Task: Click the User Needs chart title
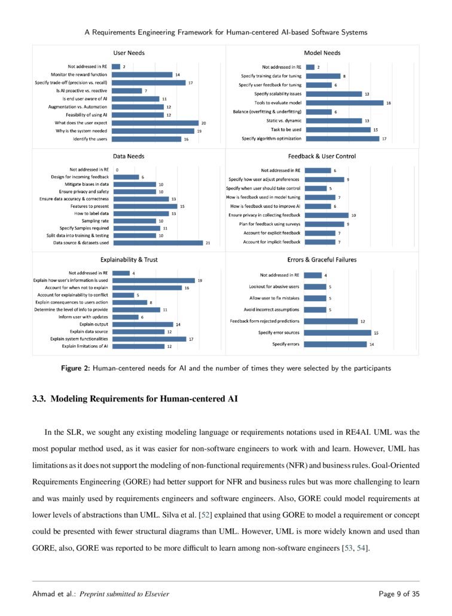(x=129, y=53)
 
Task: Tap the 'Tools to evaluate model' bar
(x=345, y=103)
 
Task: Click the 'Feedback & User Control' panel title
(x=322, y=157)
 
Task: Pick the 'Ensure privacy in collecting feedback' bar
(x=332, y=215)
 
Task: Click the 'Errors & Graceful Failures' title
(x=322, y=260)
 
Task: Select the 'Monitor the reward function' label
(x=80, y=75)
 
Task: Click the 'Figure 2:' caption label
(x=76, y=369)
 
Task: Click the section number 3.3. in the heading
(x=39, y=399)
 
